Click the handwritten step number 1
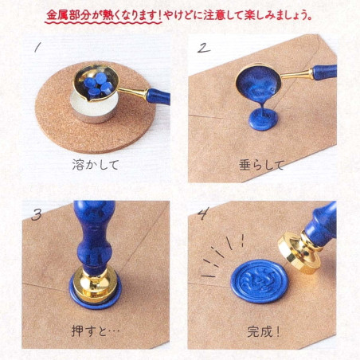tap(37, 48)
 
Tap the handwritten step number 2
tap(204, 48)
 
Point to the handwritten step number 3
tap(37, 215)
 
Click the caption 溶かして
tap(96, 165)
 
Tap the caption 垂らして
tap(262, 165)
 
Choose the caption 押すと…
tap(96, 331)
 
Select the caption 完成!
tap(264, 331)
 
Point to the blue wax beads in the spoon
tap(98, 85)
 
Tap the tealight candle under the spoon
tap(94, 110)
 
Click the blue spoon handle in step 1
tap(158, 96)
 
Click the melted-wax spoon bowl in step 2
tap(258, 81)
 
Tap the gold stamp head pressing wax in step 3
tap(95, 284)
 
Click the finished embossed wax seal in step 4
tap(260, 281)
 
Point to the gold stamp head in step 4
tap(298, 252)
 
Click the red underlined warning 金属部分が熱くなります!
tap(104, 15)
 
